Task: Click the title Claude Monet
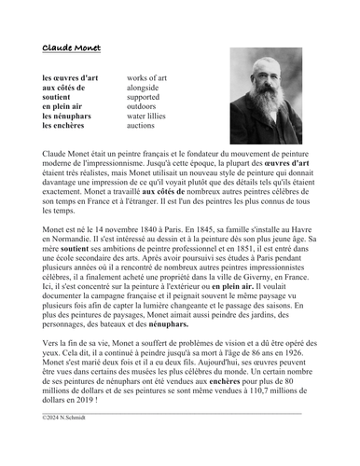[x=72, y=48]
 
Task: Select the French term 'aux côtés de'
[x=68, y=88]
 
